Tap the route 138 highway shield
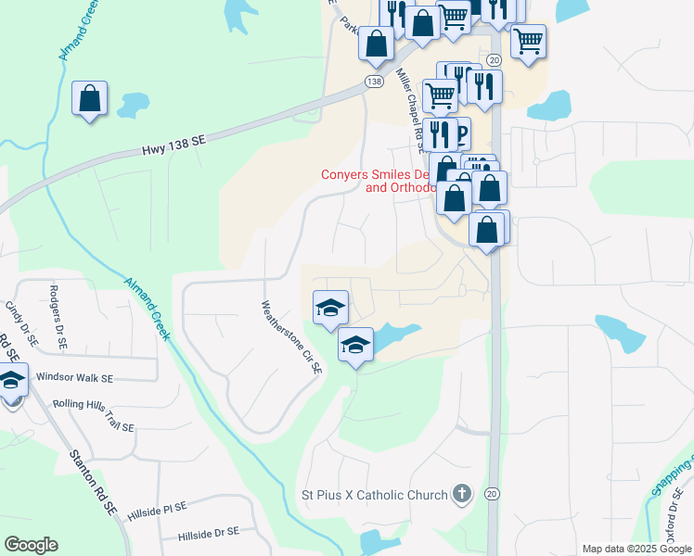[x=373, y=82]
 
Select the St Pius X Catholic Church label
[x=375, y=495]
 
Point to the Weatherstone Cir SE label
[x=291, y=335]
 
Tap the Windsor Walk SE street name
[x=74, y=378]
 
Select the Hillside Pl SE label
[x=156, y=507]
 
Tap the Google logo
[x=31, y=545]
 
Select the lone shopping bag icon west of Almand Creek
[x=90, y=97]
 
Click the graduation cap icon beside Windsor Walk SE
[x=11, y=383]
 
